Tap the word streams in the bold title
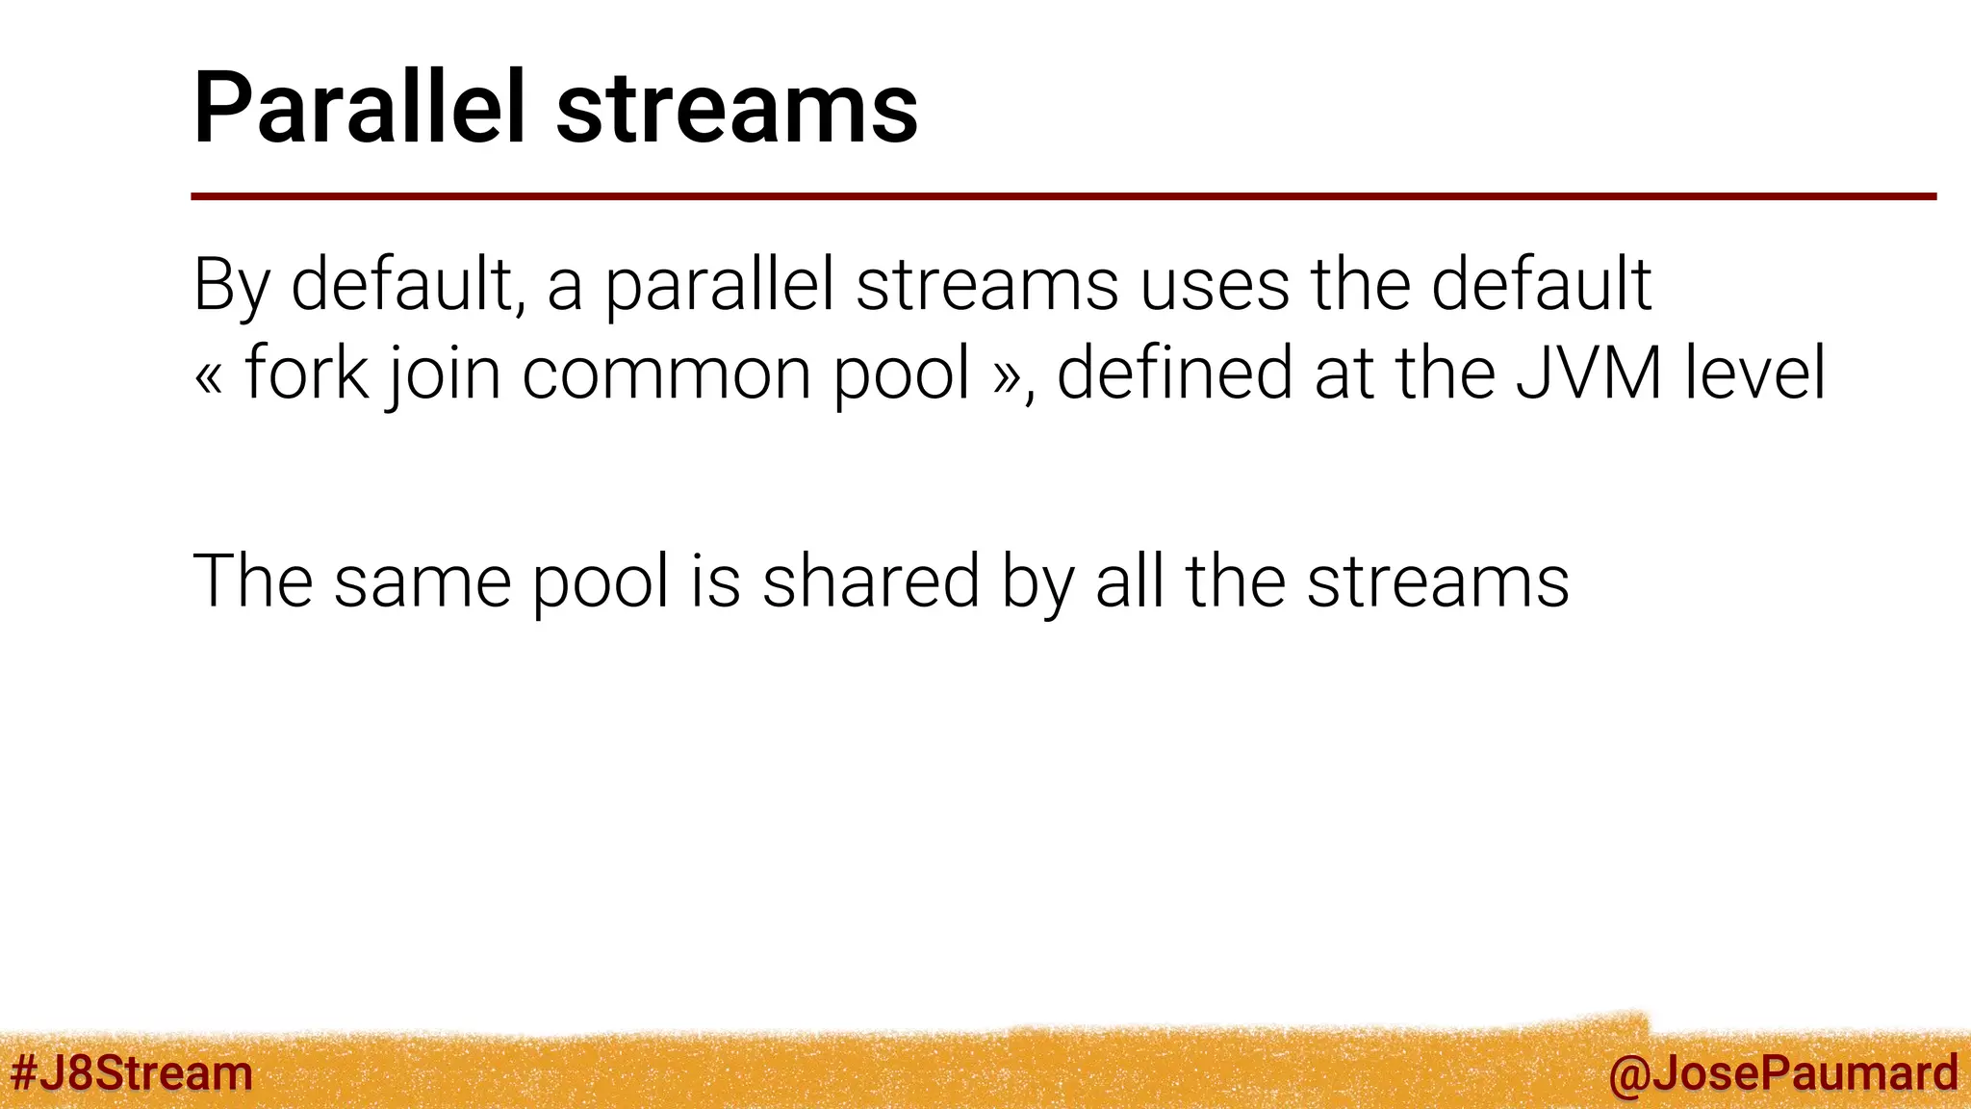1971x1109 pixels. (736, 110)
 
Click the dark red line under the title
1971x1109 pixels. (1062, 196)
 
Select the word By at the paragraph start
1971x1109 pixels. (231, 286)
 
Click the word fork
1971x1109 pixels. (306, 374)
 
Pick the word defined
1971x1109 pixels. (1174, 374)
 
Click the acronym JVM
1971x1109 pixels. (1589, 374)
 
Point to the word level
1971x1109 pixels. (1754, 374)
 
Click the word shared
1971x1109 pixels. (870, 581)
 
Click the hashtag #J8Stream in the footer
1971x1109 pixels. (131, 1073)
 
